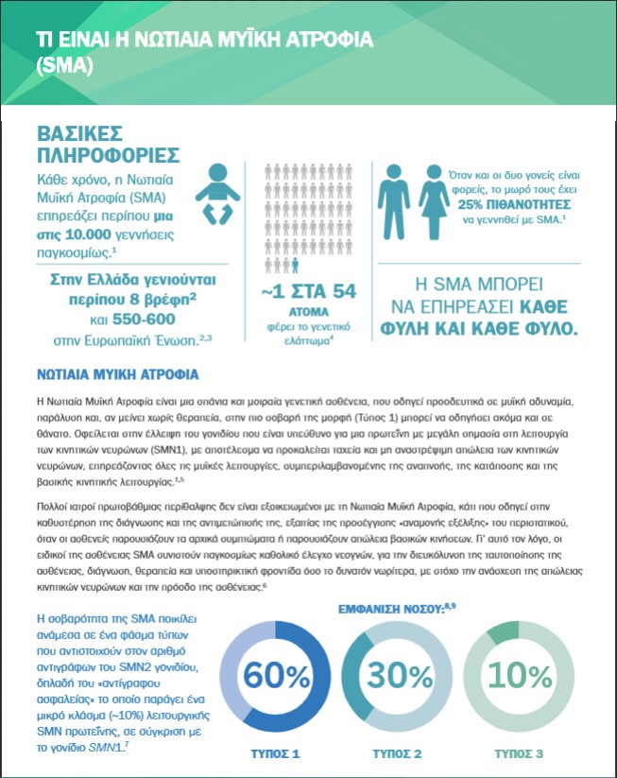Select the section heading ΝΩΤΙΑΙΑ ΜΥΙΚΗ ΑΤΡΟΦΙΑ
[x=116, y=373]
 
